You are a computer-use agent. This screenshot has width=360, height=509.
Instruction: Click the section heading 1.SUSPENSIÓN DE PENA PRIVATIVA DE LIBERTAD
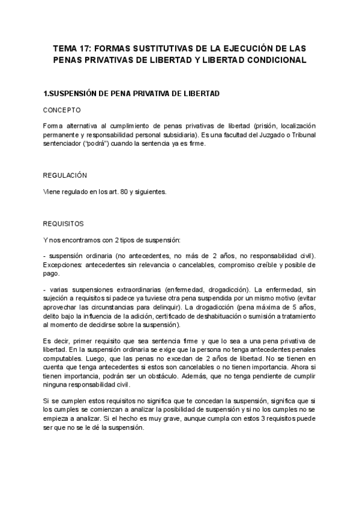[132, 94]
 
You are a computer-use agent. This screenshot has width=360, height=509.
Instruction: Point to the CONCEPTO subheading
[62, 110]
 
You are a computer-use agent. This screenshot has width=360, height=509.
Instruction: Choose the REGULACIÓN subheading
[65, 175]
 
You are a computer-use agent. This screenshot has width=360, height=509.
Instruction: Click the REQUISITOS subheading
[64, 223]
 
